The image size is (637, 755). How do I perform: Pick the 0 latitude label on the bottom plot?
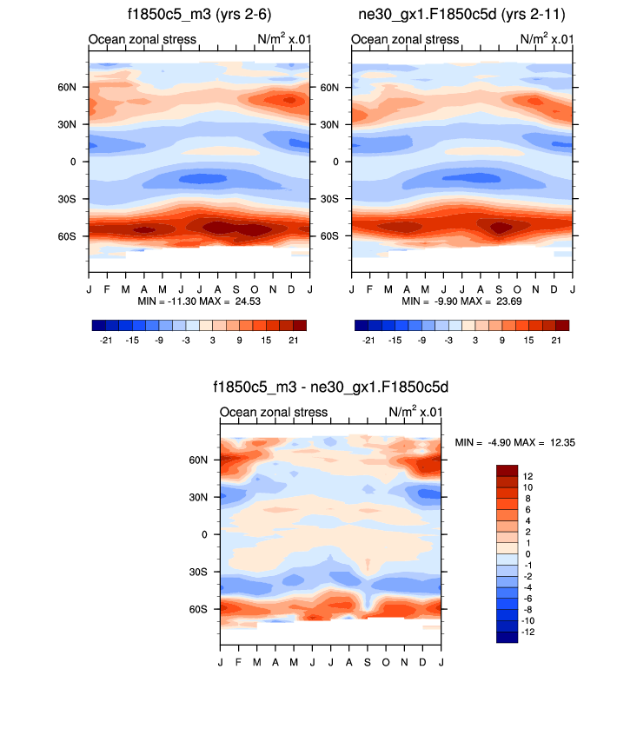(205, 534)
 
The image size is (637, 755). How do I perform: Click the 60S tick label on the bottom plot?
(199, 609)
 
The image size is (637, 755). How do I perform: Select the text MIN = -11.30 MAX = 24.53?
(199, 301)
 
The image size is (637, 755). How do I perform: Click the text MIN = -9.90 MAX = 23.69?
(461, 301)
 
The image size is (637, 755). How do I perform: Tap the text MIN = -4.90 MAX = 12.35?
(514, 442)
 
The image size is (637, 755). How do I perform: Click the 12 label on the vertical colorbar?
(528, 476)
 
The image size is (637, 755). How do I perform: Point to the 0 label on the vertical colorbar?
(528, 553)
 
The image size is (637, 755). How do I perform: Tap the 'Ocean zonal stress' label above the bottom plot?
(274, 412)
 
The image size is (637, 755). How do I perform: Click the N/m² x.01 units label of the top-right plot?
(547, 39)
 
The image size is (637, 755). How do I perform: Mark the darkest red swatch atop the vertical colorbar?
(507, 470)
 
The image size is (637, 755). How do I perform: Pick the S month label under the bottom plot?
(368, 662)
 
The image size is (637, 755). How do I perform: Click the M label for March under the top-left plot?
(126, 288)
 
